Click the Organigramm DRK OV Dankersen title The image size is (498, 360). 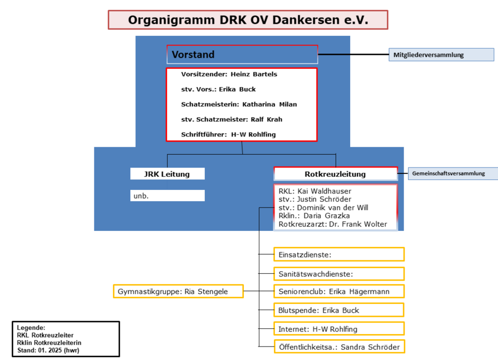coord(248,20)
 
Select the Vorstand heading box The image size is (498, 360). coord(242,54)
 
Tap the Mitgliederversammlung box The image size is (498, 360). coord(441,54)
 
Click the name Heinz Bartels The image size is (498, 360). coord(254,74)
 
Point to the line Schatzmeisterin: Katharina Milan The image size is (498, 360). coord(239,104)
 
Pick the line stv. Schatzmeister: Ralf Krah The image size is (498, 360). coord(231,119)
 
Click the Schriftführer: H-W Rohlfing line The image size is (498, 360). coord(228,134)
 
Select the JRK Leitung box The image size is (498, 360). coord(168,174)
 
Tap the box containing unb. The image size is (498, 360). coord(168,196)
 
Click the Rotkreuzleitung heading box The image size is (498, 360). coord(336,174)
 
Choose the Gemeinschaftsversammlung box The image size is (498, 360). coord(453,174)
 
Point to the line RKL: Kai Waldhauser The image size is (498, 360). coord(315,191)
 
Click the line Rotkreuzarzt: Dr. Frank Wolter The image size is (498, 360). coord(333,224)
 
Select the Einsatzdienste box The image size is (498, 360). coord(339,254)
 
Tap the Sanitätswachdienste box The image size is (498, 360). coord(339,274)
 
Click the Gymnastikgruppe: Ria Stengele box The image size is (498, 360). coord(178,291)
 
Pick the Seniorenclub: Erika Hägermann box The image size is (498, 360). coord(339,291)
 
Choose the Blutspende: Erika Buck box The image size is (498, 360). coord(339,310)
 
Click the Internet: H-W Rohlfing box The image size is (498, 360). coord(339,328)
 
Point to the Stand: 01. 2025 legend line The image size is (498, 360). coord(48,351)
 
